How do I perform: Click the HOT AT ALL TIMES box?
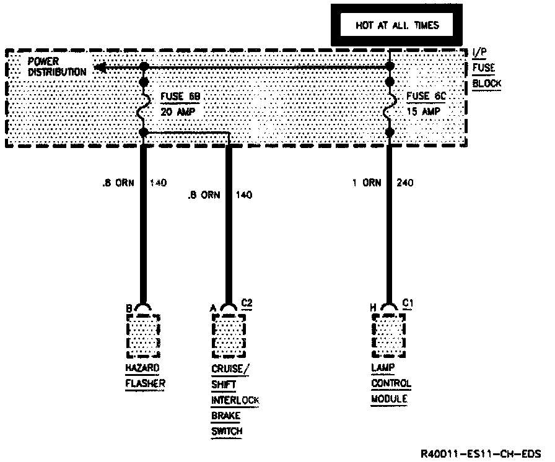[x=396, y=25]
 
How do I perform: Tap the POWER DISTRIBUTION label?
[x=56, y=67]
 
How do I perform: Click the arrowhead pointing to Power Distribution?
[x=98, y=67]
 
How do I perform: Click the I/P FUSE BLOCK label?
[x=486, y=69]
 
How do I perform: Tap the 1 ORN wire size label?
[x=365, y=183]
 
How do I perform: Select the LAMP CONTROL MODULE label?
[x=391, y=383]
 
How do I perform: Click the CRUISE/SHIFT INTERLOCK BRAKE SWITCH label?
[x=234, y=399]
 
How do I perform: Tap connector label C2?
[x=247, y=303]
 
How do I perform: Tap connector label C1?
[x=408, y=303]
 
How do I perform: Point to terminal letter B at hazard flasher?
[x=129, y=307]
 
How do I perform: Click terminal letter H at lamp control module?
[x=374, y=307]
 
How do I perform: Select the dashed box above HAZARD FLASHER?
[x=143, y=336]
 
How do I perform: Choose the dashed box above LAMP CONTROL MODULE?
[x=389, y=336]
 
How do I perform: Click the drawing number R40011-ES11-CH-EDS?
[x=480, y=452]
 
